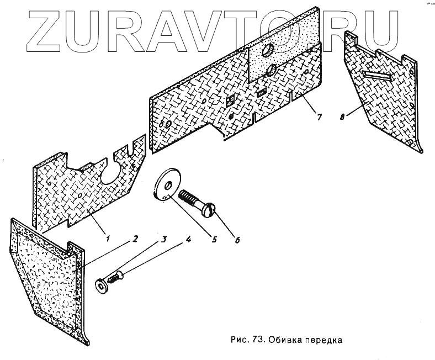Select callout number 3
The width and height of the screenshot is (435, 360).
tap(164, 240)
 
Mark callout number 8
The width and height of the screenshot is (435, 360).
tap(343, 117)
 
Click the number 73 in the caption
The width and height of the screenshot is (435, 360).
tap(258, 339)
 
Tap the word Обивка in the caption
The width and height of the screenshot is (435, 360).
tap(285, 339)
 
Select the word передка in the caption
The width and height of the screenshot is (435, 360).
tap(325, 340)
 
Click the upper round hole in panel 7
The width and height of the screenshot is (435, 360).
tap(268, 50)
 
